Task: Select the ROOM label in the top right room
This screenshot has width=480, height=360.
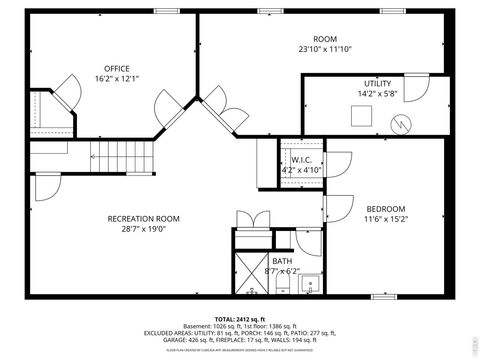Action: tap(324, 39)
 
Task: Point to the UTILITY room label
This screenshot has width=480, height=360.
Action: tap(377, 84)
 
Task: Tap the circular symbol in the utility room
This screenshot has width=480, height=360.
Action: tap(401, 125)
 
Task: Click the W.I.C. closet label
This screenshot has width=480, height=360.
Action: tap(301, 159)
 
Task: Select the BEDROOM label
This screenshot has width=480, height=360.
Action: tap(385, 208)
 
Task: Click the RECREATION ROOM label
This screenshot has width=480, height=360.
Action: tap(143, 218)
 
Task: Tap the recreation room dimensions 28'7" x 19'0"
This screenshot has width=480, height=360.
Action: tap(143, 228)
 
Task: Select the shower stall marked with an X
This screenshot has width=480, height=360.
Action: tap(250, 271)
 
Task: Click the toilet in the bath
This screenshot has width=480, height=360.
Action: tap(283, 287)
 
